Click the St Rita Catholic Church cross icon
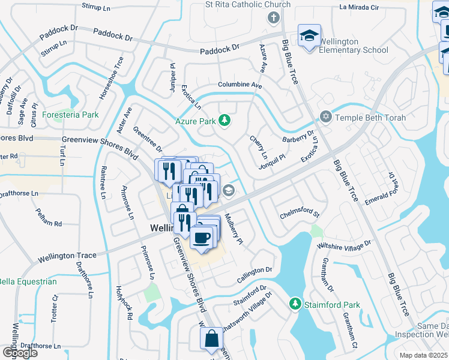click(x=274, y=17)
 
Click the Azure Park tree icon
click(x=224, y=121)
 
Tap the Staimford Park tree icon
click(x=295, y=305)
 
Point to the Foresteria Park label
click(x=74, y=114)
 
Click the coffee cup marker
click(x=202, y=238)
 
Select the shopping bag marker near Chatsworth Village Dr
click(x=212, y=339)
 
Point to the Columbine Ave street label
click(x=240, y=85)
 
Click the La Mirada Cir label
click(x=359, y=8)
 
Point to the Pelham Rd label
click(x=49, y=223)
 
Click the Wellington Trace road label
click(x=67, y=257)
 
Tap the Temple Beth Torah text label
click(x=370, y=118)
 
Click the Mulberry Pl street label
click(x=232, y=229)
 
